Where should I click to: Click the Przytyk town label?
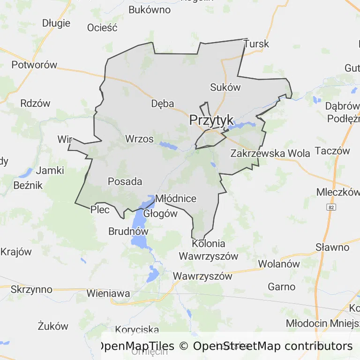coord(211,120)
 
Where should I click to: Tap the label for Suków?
coord(225,87)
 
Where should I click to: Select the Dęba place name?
coord(163,104)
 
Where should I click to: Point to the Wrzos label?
coord(139,139)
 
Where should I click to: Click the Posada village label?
coord(125,181)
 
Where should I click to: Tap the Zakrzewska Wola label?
coord(270,153)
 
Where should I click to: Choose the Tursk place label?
coord(256,44)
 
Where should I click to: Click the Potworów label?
coord(34,65)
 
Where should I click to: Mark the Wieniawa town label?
coord(108,293)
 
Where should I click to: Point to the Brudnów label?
coord(128,231)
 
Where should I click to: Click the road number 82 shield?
coord(332,207)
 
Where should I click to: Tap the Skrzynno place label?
coord(31,289)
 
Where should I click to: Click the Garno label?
coord(282,286)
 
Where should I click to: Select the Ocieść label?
coord(102,28)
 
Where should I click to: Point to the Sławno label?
coord(332,247)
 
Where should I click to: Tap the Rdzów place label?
coord(35,104)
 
